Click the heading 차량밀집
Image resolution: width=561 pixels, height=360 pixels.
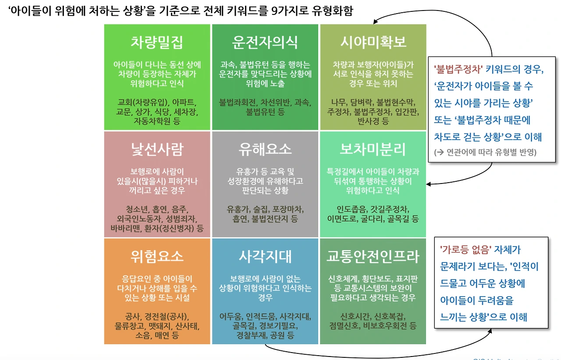point(157,42)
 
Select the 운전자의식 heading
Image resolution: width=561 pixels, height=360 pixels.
point(265,42)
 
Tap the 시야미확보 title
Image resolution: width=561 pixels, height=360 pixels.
point(373,42)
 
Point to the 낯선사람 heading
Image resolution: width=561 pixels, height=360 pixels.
point(157,149)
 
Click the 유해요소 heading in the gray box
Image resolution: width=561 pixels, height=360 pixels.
point(265,149)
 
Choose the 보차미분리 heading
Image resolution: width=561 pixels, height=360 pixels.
point(373,149)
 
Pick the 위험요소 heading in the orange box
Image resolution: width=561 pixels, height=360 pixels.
point(157,256)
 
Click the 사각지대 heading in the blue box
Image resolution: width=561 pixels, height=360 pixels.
point(265,256)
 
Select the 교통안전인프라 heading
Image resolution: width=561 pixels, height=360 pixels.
point(373,256)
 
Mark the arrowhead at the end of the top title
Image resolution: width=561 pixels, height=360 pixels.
point(376,23)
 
